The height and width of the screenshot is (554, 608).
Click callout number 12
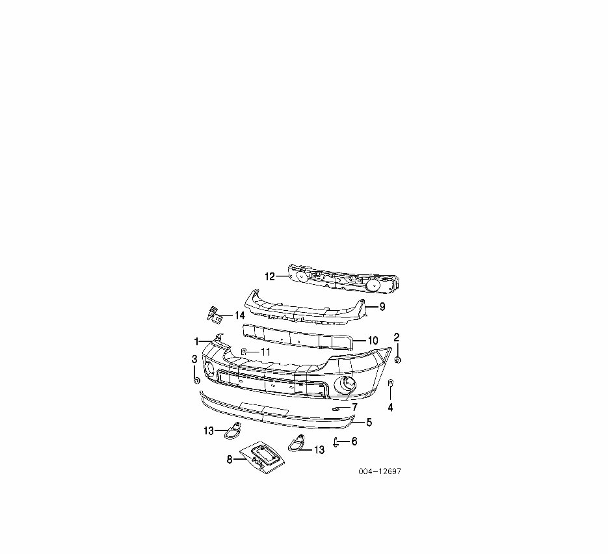click(270, 276)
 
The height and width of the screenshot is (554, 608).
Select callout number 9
click(382, 306)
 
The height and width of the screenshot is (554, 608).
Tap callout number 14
click(239, 315)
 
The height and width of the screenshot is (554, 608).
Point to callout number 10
click(373, 340)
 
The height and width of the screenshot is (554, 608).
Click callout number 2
click(397, 337)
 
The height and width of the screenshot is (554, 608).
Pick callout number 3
click(194, 359)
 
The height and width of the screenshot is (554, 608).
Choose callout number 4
click(390, 408)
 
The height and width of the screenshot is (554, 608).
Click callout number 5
click(369, 423)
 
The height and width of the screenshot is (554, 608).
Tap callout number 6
click(354, 442)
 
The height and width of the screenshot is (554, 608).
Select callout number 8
click(229, 460)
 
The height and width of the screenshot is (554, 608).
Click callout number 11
click(265, 351)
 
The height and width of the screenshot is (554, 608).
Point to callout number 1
click(196, 341)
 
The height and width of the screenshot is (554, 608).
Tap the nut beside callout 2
click(398, 359)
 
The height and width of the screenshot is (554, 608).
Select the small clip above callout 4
click(390, 383)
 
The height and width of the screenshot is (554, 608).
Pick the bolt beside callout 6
click(335, 442)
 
